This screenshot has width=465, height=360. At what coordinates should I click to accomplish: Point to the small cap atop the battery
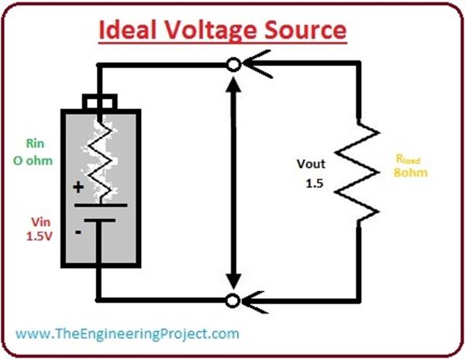(x=100, y=101)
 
